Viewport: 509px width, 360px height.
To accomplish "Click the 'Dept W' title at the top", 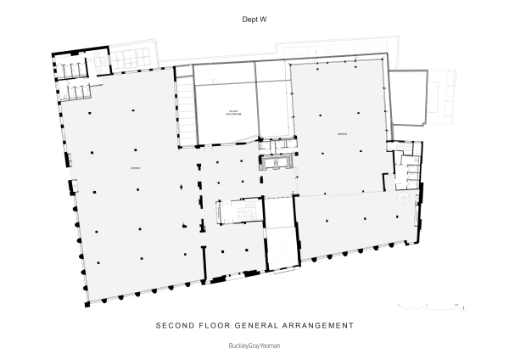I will [x=254, y=17].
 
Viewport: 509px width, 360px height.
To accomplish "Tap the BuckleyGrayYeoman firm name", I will [x=254, y=346].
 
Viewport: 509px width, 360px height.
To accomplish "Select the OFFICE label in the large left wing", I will [x=134, y=169].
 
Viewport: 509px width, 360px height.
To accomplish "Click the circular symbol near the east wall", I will [x=404, y=197].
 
